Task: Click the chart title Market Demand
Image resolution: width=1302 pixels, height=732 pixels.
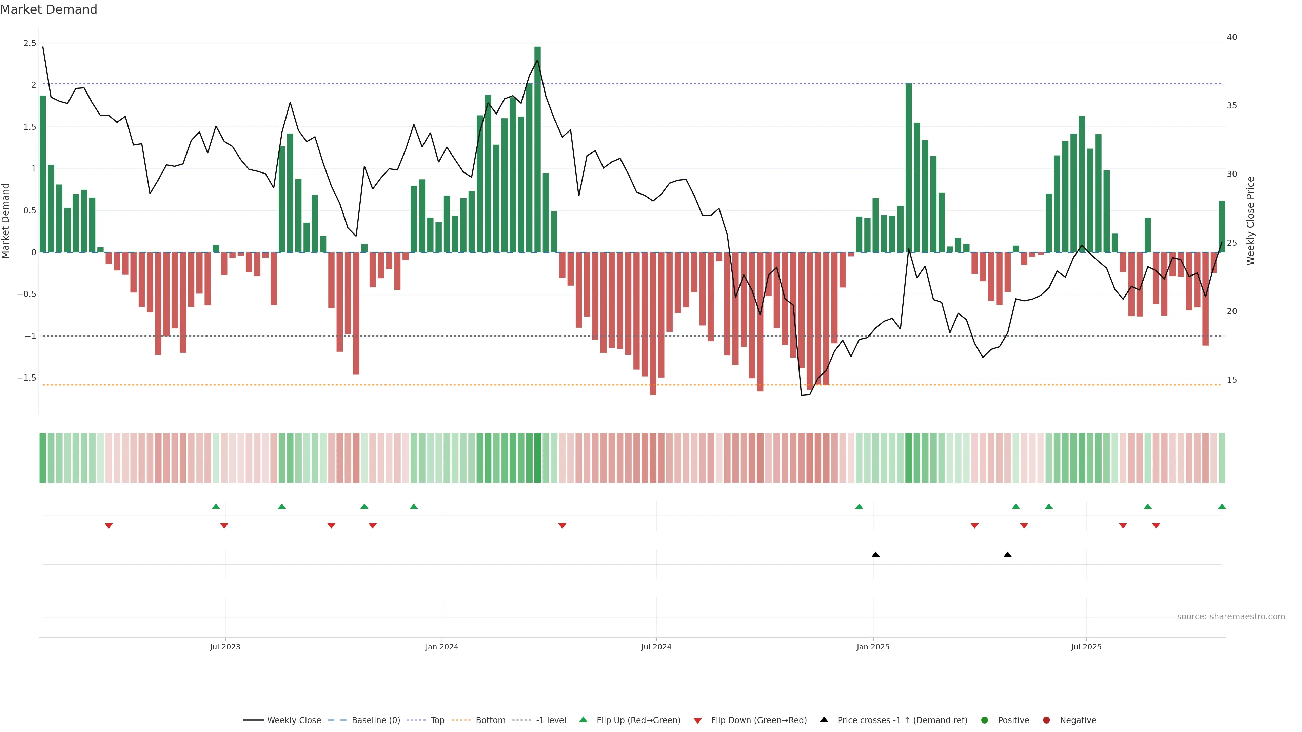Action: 48,9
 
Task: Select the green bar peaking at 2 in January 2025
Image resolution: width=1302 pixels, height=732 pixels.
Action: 908,167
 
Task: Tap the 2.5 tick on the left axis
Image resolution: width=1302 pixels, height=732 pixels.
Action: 30,43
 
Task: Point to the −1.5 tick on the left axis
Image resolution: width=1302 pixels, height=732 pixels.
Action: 27,378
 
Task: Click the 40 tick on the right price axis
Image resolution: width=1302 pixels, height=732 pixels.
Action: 1232,37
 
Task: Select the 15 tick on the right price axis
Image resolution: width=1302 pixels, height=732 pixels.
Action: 1232,380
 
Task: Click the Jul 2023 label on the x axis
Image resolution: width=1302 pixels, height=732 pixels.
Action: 225,647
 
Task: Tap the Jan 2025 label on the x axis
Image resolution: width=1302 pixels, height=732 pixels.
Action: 873,647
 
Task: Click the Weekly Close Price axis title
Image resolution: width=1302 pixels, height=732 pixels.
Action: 1250,221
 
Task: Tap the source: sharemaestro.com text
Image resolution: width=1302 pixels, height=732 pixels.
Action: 1231,617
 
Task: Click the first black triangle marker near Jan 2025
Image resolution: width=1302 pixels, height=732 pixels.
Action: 875,555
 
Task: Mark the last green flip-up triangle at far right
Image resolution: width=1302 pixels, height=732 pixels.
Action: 1222,506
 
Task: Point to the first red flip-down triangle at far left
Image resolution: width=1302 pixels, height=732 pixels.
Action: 108,526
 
